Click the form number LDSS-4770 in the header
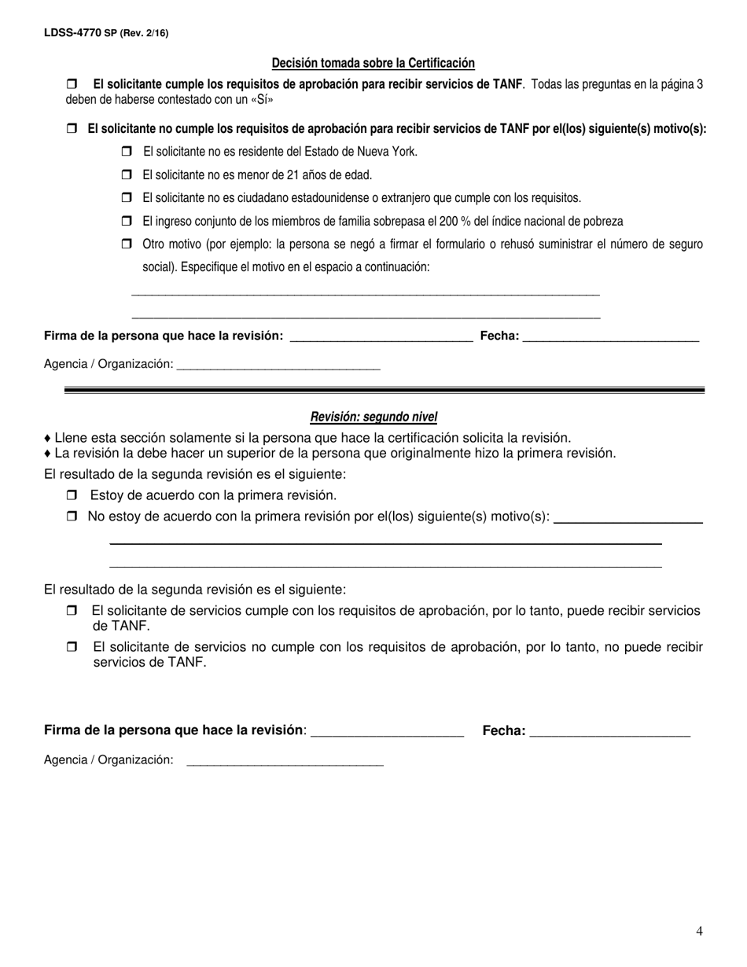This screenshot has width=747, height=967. (x=73, y=33)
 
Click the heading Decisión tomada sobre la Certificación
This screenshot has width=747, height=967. (x=373, y=63)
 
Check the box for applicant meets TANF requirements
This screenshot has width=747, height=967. (x=72, y=83)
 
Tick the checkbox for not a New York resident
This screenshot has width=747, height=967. (x=127, y=152)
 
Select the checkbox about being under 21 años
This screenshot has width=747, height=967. (x=127, y=175)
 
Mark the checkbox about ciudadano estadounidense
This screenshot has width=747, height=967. (x=127, y=197)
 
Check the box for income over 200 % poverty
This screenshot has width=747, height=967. (x=127, y=221)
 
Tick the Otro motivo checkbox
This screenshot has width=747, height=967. (x=127, y=244)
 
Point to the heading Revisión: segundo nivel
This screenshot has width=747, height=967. (x=373, y=417)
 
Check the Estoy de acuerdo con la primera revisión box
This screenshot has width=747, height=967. (x=72, y=495)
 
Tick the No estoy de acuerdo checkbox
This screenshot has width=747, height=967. (x=72, y=517)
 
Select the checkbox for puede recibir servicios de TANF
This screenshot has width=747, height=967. (x=72, y=611)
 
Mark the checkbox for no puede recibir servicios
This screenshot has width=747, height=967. (x=72, y=647)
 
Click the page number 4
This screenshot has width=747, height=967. (x=699, y=932)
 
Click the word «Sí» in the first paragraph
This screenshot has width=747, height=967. (x=262, y=100)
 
